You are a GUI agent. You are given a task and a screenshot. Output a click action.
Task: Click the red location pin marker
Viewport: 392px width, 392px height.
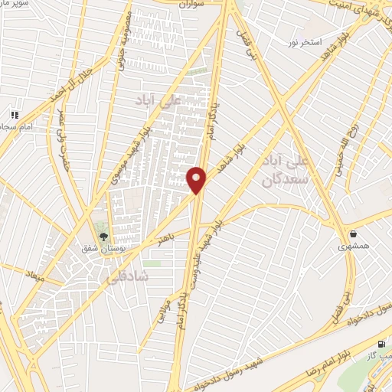tap(197, 180)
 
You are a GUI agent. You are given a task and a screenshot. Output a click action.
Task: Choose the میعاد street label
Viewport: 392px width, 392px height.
tap(35, 274)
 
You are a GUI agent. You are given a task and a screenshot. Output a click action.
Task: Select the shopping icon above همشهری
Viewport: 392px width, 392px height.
tap(352, 234)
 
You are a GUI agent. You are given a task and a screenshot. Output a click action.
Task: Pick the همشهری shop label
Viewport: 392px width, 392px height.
tap(352, 247)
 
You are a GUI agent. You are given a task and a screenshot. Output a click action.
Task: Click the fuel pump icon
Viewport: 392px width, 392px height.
tap(382, 345)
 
